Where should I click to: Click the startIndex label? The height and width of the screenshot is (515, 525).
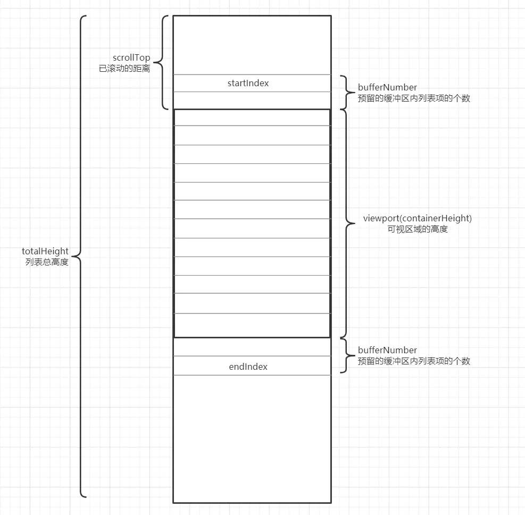click(248, 83)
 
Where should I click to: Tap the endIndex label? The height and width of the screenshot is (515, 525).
click(248, 367)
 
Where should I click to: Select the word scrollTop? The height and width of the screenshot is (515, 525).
click(131, 57)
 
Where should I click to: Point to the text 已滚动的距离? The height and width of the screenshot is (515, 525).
click(124, 68)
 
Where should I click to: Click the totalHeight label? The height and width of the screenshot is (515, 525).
click(45, 251)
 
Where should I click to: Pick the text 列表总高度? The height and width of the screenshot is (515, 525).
click(47, 262)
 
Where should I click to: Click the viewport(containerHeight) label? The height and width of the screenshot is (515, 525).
click(418, 218)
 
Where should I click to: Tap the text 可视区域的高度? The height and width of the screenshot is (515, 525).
click(418, 229)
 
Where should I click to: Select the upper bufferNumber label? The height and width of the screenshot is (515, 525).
click(387, 87)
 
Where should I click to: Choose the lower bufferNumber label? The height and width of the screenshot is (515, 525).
click(387, 350)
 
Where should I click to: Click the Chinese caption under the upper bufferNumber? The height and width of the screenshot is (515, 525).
click(414, 98)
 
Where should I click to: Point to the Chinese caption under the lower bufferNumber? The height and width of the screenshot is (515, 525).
click(414, 361)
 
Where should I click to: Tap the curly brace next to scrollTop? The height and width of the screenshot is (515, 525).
click(163, 62)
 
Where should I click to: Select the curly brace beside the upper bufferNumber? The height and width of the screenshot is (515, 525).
click(344, 92)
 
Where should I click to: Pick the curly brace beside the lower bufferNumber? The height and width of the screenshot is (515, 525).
click(344, 355)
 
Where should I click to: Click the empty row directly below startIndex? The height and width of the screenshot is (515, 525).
click(252, 100)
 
